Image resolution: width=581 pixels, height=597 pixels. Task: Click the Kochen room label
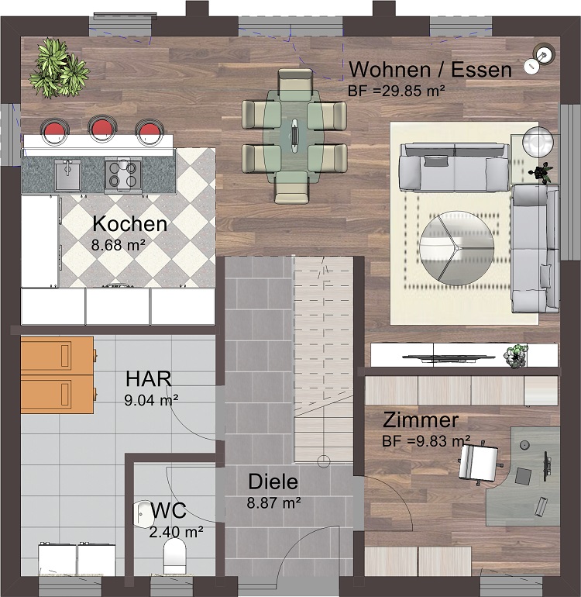[129, 224]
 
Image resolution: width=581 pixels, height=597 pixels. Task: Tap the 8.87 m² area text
[274, 503]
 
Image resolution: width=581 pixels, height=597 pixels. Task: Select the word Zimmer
[421, 420]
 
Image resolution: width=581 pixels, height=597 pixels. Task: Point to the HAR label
[149, 379]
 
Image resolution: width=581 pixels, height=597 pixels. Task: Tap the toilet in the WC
[174, 556]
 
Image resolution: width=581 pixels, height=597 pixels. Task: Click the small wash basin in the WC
[142, 514]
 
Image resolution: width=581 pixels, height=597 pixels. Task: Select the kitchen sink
[67, 174]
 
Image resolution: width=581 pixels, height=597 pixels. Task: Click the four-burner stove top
[123, 174]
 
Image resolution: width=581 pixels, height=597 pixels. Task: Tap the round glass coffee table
[456, 248]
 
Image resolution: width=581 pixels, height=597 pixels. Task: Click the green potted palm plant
[59, 68]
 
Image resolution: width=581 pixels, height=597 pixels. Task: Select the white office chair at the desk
[480, 462]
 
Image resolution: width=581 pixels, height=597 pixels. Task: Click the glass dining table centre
[295, 135]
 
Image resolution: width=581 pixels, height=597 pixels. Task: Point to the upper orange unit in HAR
[58, 355]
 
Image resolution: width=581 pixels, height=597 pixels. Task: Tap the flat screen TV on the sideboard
[449, 357]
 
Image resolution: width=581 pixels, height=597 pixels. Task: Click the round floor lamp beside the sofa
[538, 141]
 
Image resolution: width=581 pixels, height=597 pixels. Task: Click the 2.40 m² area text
[176, 532]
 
